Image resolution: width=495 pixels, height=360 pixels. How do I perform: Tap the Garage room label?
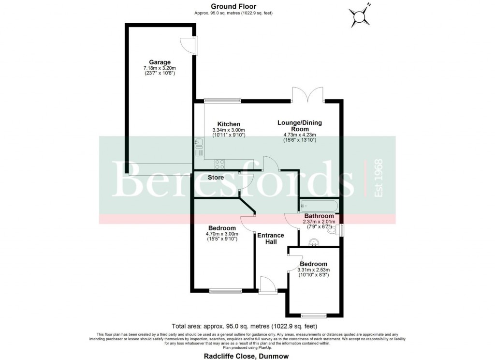(160, 62)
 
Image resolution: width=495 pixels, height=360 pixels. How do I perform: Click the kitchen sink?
(199, 142)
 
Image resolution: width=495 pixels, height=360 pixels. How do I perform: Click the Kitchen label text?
(229, 124)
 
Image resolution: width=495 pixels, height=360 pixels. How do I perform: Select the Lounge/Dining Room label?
(299, 126)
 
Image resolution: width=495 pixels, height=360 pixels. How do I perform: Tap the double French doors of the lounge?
(308, 94)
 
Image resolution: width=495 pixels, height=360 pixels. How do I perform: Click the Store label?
(216, 178)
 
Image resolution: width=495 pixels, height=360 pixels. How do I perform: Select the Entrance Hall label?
(271, 239)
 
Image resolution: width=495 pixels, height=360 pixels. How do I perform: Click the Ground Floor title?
(233, 6)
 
